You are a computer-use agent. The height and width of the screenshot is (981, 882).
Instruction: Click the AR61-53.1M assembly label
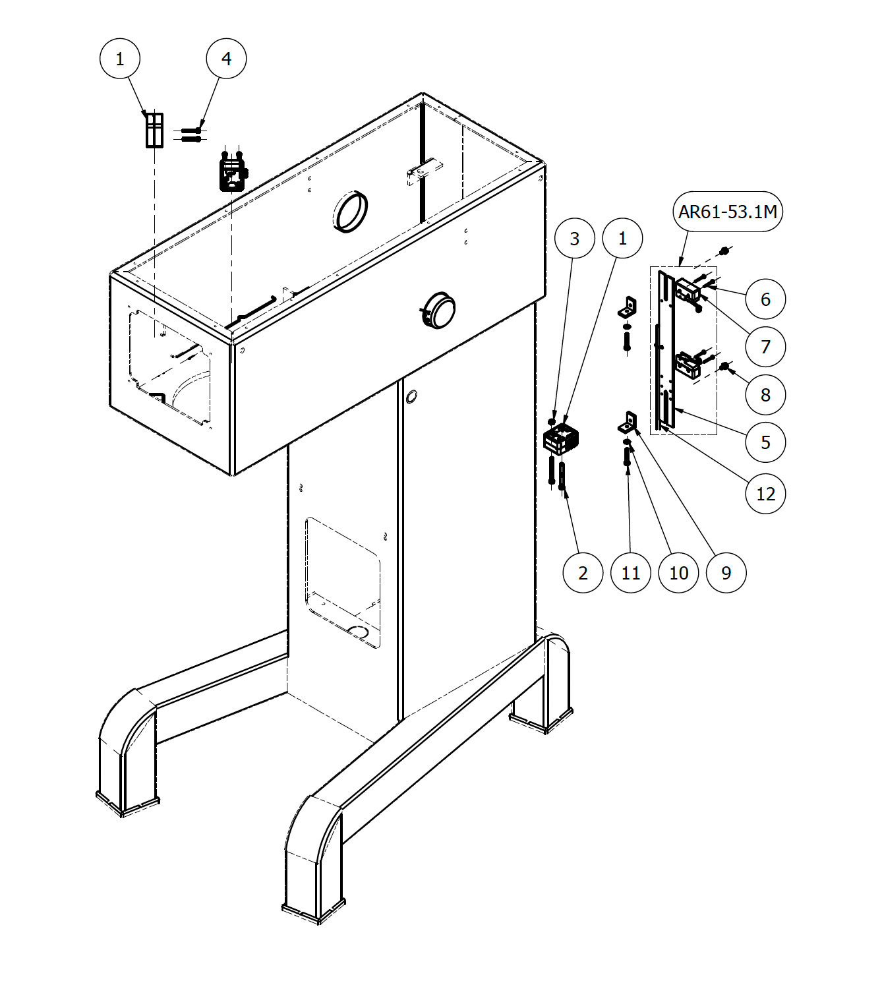point(727,211)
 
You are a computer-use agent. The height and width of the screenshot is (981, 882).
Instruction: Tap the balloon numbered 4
point(226,59)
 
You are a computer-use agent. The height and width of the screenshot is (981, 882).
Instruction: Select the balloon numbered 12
point(765,494)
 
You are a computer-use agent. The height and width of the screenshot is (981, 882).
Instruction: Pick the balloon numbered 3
point(574,238)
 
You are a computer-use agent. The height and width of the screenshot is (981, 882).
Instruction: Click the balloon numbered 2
point(583,573)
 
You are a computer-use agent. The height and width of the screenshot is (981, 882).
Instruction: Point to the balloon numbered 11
point(631,573)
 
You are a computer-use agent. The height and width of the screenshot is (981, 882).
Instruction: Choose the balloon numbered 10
point(678,573)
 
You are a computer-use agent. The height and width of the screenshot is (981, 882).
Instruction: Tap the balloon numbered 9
point(726,573)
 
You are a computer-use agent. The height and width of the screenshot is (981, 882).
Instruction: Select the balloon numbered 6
point(765,299)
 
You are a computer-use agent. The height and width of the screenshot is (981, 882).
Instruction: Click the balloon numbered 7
point(765,347)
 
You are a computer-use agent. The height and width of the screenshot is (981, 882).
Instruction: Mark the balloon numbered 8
point(765,395)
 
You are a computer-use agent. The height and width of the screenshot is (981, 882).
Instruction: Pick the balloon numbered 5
point(765,442)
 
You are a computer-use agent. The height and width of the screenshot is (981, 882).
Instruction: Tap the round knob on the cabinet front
point(439,310)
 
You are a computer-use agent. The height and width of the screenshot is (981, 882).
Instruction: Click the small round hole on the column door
point(411,396)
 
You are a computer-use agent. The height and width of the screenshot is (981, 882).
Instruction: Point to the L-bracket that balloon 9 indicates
point(628,423)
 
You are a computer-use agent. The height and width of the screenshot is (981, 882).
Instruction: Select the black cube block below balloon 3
point(560,438)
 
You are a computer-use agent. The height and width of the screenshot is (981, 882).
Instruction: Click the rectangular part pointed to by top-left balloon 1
point(155,130)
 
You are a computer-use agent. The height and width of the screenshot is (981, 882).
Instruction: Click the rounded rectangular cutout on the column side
point(342,582)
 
